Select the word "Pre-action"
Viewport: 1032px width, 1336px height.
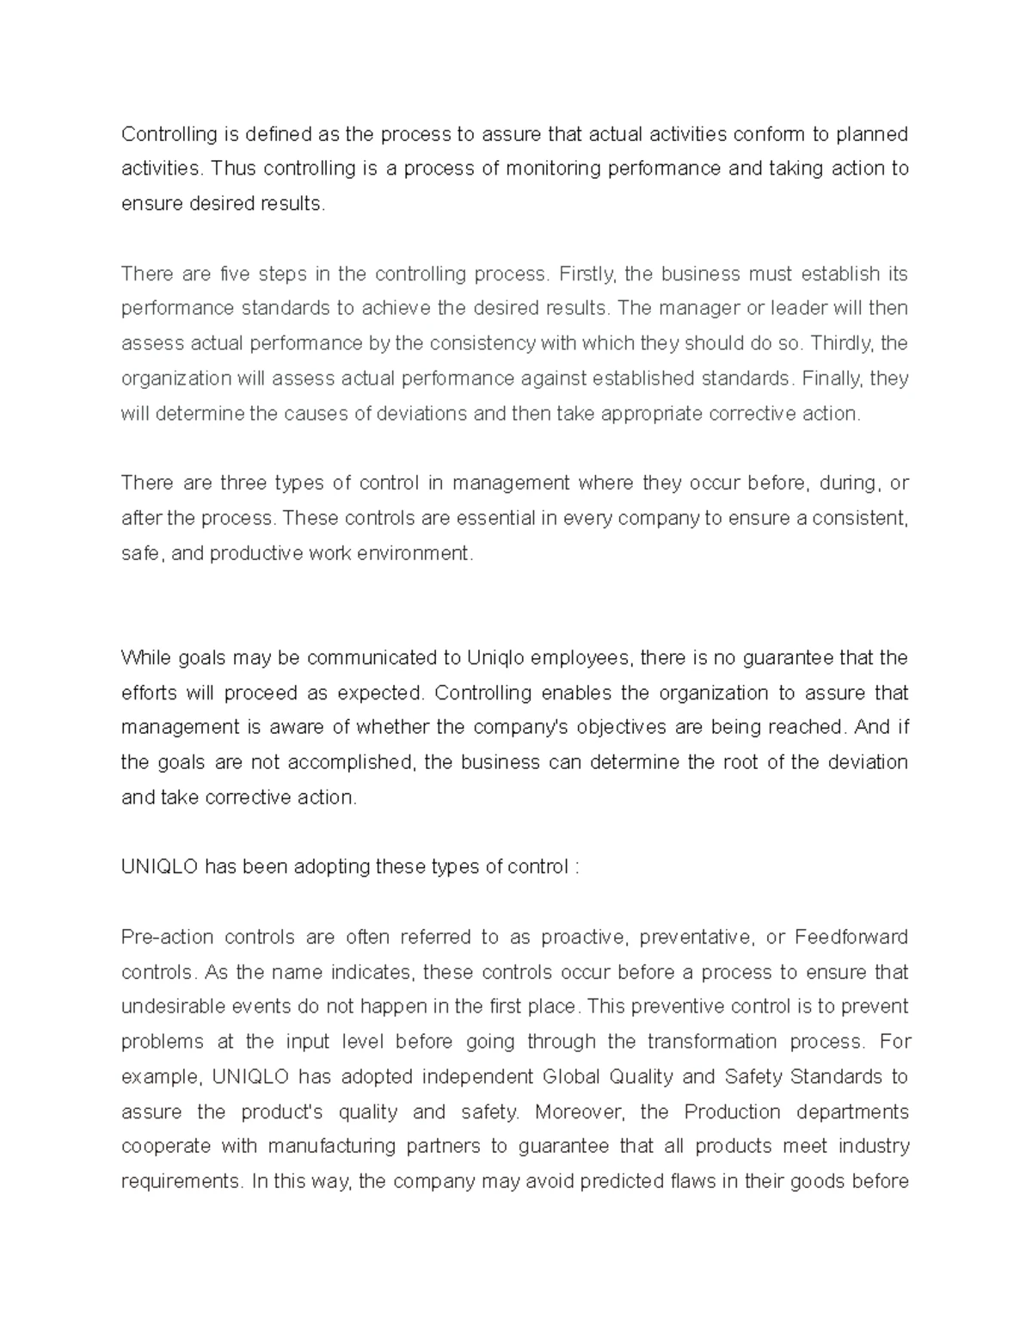(163, 937)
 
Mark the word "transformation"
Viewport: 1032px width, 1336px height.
(711, 1042)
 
